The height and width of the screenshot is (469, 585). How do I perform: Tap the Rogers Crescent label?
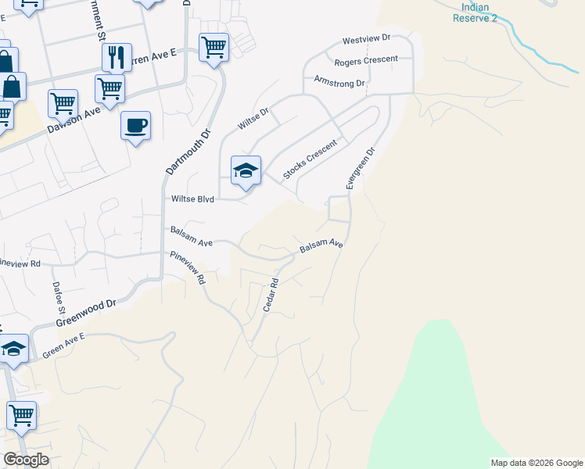tap(366, 60)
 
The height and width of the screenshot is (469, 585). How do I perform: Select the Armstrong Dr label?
tap(339, 81)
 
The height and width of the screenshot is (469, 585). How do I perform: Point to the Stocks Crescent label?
tap(310, 159)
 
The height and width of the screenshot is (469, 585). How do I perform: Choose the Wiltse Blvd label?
tap(192, 199)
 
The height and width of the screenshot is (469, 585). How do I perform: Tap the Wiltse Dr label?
tap(253, 119)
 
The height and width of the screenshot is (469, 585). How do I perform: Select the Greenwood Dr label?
tap(85, 313)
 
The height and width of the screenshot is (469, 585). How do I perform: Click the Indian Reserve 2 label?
tap(471, 13)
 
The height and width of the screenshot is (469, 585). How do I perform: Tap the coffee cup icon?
tap(135, 125)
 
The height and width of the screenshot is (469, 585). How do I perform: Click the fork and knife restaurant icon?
tap(117, 57)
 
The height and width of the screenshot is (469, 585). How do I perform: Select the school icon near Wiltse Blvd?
tap(246, 170)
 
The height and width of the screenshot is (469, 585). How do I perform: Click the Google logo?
tap(26, 460)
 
